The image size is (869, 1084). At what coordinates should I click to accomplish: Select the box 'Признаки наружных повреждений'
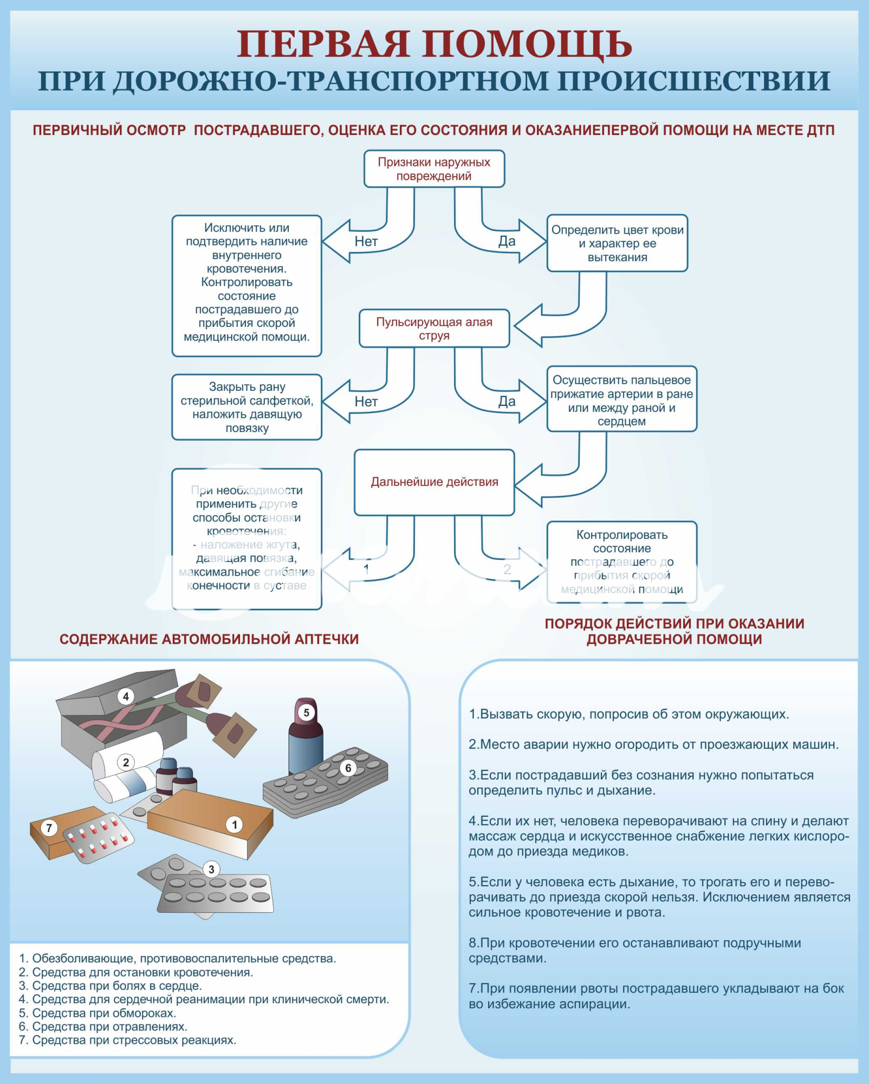pyautogui.click(x=434, y=169)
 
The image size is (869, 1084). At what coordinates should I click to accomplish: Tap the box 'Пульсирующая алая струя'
pyautogui.click(x=434, y=328)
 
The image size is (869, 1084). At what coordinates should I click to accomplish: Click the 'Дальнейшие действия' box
pyautogui.click(x=434, y=482)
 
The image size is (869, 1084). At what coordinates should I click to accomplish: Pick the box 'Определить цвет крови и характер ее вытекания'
pyautogui.click(x=617, y=243)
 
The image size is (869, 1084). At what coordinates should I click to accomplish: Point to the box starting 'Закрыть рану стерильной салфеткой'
pyautogui.click(x=247, y=407)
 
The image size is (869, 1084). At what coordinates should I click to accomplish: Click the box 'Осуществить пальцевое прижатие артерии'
pyautogui.click(x=621, y=400)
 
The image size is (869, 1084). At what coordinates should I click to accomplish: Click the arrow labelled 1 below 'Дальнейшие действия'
pyautogui.click(x=366, y=569)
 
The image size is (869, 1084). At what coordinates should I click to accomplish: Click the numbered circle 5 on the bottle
pyautogui.click(x=306, y=713)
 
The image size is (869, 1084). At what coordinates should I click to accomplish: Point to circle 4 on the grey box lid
pyautogui.click(x=126, y=696)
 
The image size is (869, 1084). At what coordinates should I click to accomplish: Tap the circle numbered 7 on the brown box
pyautogui.click(x=49, y=828)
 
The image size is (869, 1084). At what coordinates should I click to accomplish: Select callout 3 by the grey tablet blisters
pyautogui.click(x=211, y=869)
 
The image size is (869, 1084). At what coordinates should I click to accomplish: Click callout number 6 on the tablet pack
pyautogui.click(x=348, y=768)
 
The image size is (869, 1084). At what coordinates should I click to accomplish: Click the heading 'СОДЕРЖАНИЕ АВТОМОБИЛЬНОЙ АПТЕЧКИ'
pyautogui.click(x=209, y=639)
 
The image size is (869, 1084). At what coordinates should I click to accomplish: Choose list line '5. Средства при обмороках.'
pyautogui.click(x=98, y=1013)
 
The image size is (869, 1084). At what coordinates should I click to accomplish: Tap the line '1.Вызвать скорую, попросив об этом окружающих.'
pyautogui.click(x=628, y=714)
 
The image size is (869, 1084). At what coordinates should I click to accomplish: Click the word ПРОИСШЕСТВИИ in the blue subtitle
pyautogui.click(x=694, y=81)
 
